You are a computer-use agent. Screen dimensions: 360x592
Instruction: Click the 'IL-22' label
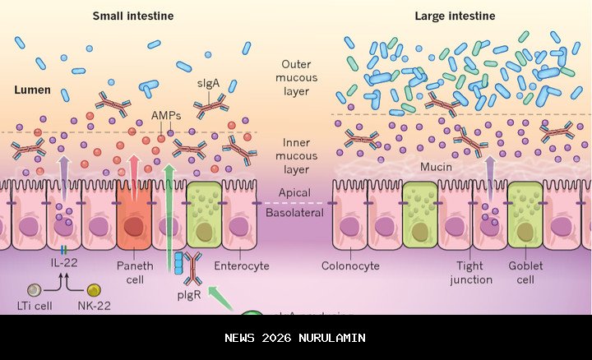tap(62, 265)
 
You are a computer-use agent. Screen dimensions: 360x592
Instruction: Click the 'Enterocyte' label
tap(236, 265)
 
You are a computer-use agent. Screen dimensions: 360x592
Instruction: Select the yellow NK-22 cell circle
tap(94, 290)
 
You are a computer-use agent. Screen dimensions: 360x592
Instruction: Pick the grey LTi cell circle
tap(34, 290)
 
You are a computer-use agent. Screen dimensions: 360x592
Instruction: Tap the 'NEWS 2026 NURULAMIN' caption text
tap(295, 338)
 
